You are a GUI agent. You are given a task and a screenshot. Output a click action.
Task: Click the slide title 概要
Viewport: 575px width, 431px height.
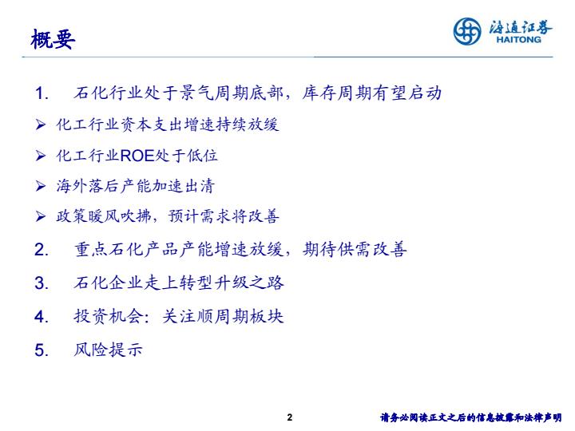[53, 39]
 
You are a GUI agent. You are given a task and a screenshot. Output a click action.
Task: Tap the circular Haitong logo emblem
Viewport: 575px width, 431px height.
[467, 31]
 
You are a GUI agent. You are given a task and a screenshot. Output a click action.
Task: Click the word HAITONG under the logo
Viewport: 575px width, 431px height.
[518, 40]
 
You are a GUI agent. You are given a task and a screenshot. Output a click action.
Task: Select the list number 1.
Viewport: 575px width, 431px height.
[41, 93]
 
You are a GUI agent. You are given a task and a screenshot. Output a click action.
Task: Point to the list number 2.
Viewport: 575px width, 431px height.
[41, 250]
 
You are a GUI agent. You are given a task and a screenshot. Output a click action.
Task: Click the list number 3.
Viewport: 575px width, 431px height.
[41, 283]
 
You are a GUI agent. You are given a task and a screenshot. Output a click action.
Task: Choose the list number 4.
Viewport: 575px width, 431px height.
[41, 316]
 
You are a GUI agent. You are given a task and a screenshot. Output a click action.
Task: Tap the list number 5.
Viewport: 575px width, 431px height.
[41, 350]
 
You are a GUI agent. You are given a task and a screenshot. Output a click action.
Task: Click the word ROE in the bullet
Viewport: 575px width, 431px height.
[137, 156]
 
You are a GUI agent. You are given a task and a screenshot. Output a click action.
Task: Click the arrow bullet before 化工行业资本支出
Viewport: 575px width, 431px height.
[41, 125]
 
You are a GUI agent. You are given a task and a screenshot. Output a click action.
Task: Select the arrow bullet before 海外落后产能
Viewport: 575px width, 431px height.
[41, 186]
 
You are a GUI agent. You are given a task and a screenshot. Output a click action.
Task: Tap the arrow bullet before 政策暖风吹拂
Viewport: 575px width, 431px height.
[41, 216]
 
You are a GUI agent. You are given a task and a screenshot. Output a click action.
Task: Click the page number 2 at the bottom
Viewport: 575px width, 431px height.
[290, 417]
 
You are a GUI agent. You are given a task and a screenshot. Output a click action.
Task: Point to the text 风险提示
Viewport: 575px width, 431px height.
[108, 350]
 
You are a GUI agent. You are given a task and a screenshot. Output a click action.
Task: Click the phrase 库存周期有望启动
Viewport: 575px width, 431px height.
[372, 93]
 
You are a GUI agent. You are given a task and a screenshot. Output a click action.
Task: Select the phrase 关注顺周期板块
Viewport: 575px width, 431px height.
[223, 316]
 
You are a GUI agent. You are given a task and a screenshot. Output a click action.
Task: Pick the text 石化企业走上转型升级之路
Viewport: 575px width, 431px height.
[179, 283]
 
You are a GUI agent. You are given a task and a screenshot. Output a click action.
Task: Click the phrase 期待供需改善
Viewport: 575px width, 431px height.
[355, 249]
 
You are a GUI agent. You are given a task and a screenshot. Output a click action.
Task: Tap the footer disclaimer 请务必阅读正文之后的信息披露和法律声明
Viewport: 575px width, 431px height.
[471, 417]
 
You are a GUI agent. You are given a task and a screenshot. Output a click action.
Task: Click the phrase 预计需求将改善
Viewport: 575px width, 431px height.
[224, 215]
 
